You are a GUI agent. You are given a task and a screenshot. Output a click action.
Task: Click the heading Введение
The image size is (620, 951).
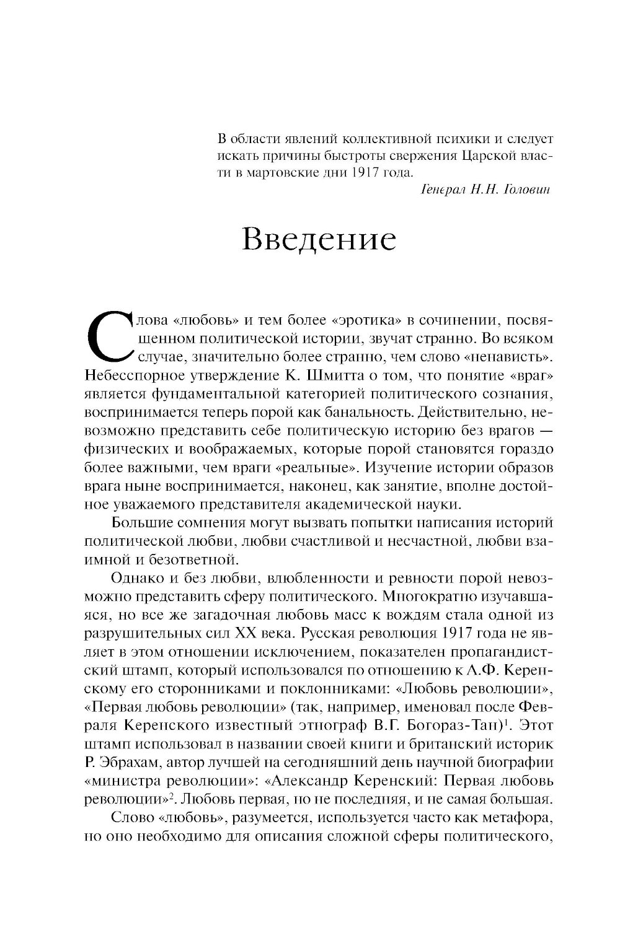pos(319,240)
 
